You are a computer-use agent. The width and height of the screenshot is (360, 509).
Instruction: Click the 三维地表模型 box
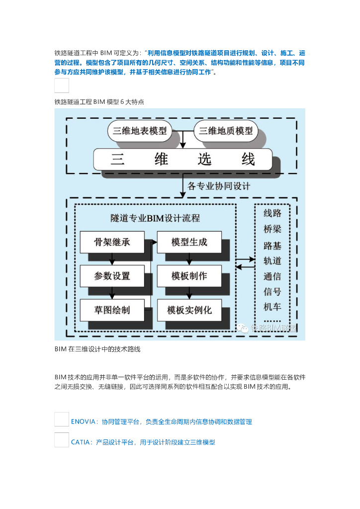coord(139,131)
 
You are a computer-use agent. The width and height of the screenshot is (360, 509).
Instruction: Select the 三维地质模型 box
coord(226,131)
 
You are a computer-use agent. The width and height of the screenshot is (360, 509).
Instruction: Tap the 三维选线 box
coord(183,160)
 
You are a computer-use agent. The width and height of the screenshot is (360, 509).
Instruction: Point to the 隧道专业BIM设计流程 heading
coord(155,218)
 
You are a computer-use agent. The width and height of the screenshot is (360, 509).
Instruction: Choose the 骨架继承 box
coord(112,243)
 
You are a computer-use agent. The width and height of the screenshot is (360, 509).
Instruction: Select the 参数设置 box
coord(112,276)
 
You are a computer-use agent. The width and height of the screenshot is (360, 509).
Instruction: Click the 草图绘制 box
coord(112,310)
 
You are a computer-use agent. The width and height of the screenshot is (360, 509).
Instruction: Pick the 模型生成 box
coord(189,243)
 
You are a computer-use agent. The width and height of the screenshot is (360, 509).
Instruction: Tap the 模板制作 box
coord(189,276)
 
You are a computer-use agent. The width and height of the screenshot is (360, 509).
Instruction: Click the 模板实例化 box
coord(189,310)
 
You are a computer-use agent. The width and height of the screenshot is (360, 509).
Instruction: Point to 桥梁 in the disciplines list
coord(272,229)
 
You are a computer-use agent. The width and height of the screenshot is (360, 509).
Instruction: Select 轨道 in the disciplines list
coord(272,260)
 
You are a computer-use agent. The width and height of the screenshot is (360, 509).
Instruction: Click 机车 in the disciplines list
coord(272,307)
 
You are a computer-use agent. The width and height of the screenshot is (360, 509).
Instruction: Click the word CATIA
coord(80,442)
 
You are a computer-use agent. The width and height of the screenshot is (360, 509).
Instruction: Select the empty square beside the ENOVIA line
coord(62,419)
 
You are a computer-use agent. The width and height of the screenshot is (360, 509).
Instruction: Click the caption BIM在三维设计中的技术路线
coord(97,349)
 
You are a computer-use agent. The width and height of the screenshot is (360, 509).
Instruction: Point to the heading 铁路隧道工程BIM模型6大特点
coord(99,102)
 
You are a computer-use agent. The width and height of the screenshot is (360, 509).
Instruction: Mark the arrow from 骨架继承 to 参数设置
coord(112,259)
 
